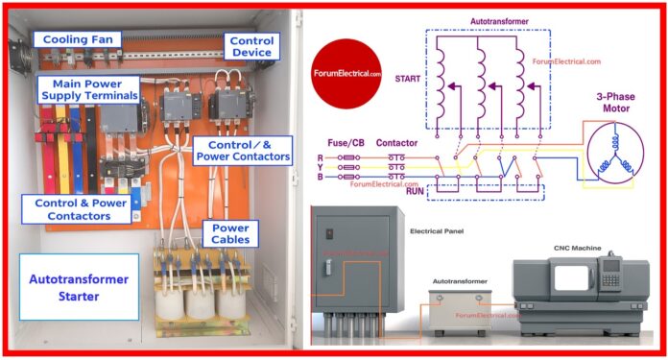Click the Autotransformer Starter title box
(x=80, y=285)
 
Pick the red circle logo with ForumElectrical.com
(x=346, y=72)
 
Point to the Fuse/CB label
(x=345, y=142)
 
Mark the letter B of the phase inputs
(x=320, y=177)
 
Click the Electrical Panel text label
(x=438, y=232)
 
